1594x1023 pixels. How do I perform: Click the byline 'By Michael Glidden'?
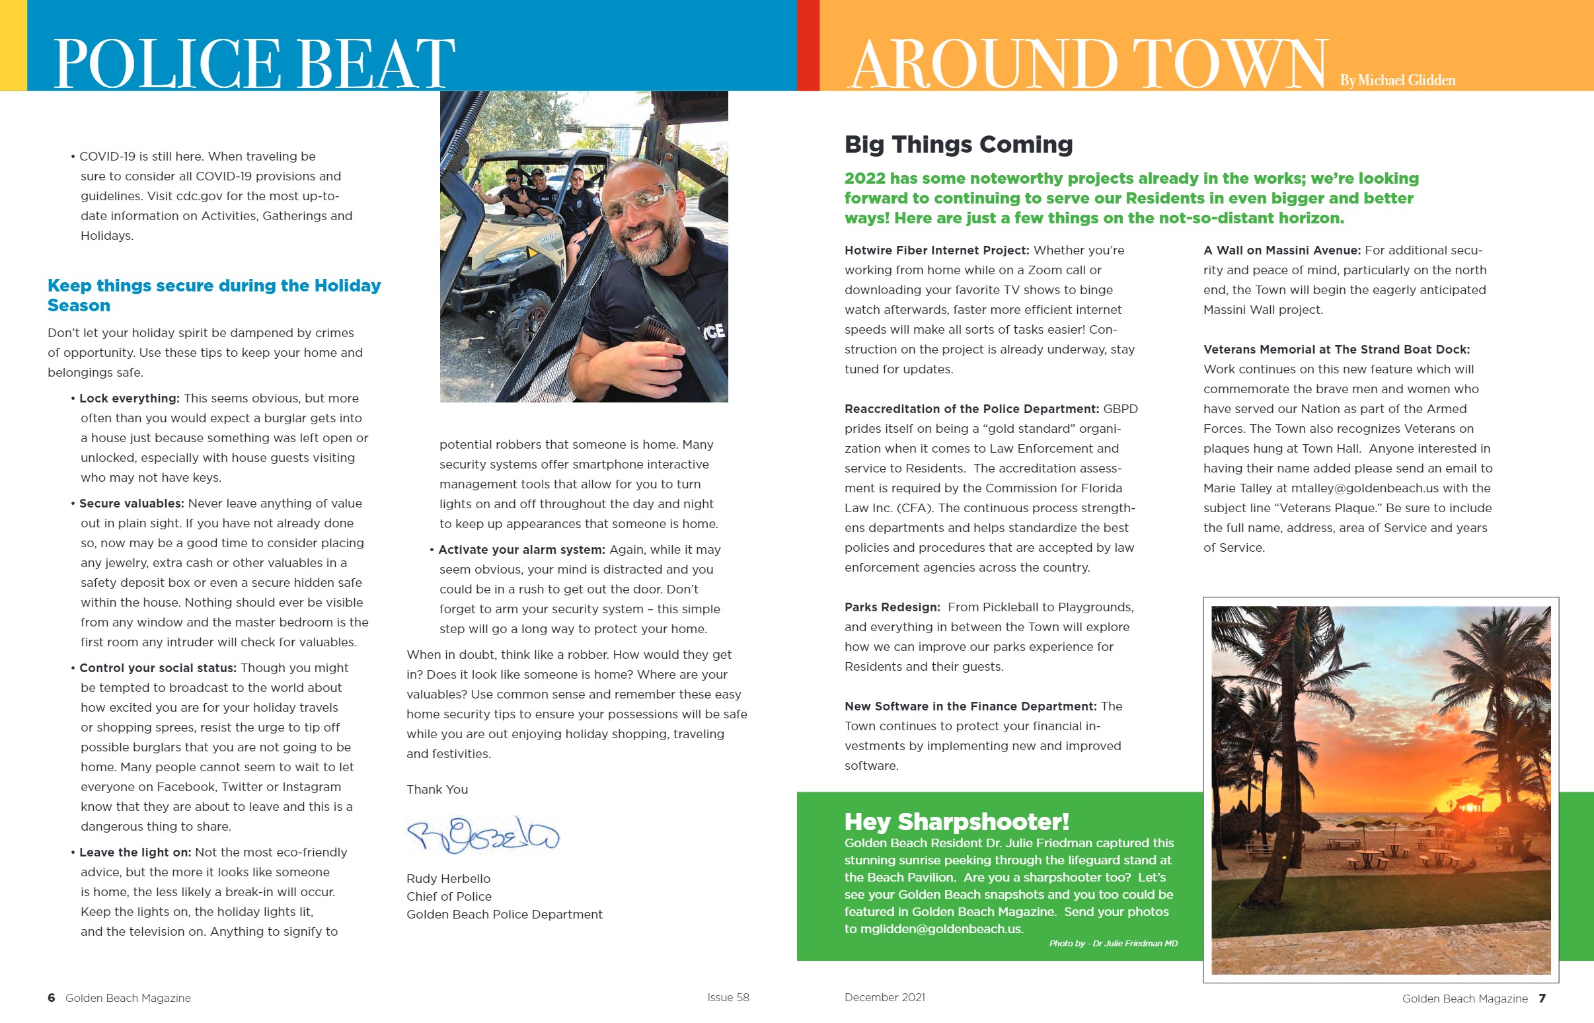pos(1397,81)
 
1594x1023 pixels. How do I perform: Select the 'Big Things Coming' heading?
pos(958,144)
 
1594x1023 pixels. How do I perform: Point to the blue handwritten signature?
pos(483,835)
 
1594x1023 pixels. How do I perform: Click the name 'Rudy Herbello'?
pos(448,878)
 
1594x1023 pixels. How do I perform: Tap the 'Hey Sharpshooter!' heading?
pos(956,821)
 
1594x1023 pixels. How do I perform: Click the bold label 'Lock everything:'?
pos(130,398)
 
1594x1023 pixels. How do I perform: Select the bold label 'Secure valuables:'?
pos(132,503)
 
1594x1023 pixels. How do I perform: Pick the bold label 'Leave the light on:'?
pos(135,852)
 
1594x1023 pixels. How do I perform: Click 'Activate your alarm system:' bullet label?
pos(521,549)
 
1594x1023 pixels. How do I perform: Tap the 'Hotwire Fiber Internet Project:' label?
pos(936,250)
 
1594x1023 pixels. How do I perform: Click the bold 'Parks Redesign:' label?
pos(892,607)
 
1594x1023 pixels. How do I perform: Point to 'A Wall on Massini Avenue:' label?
pos(1282,250)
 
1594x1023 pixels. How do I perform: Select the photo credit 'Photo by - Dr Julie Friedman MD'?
pos(1113,943)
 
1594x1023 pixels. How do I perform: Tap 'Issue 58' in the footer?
pos(728,997)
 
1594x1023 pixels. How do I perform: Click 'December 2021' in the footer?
pos(885,997)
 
